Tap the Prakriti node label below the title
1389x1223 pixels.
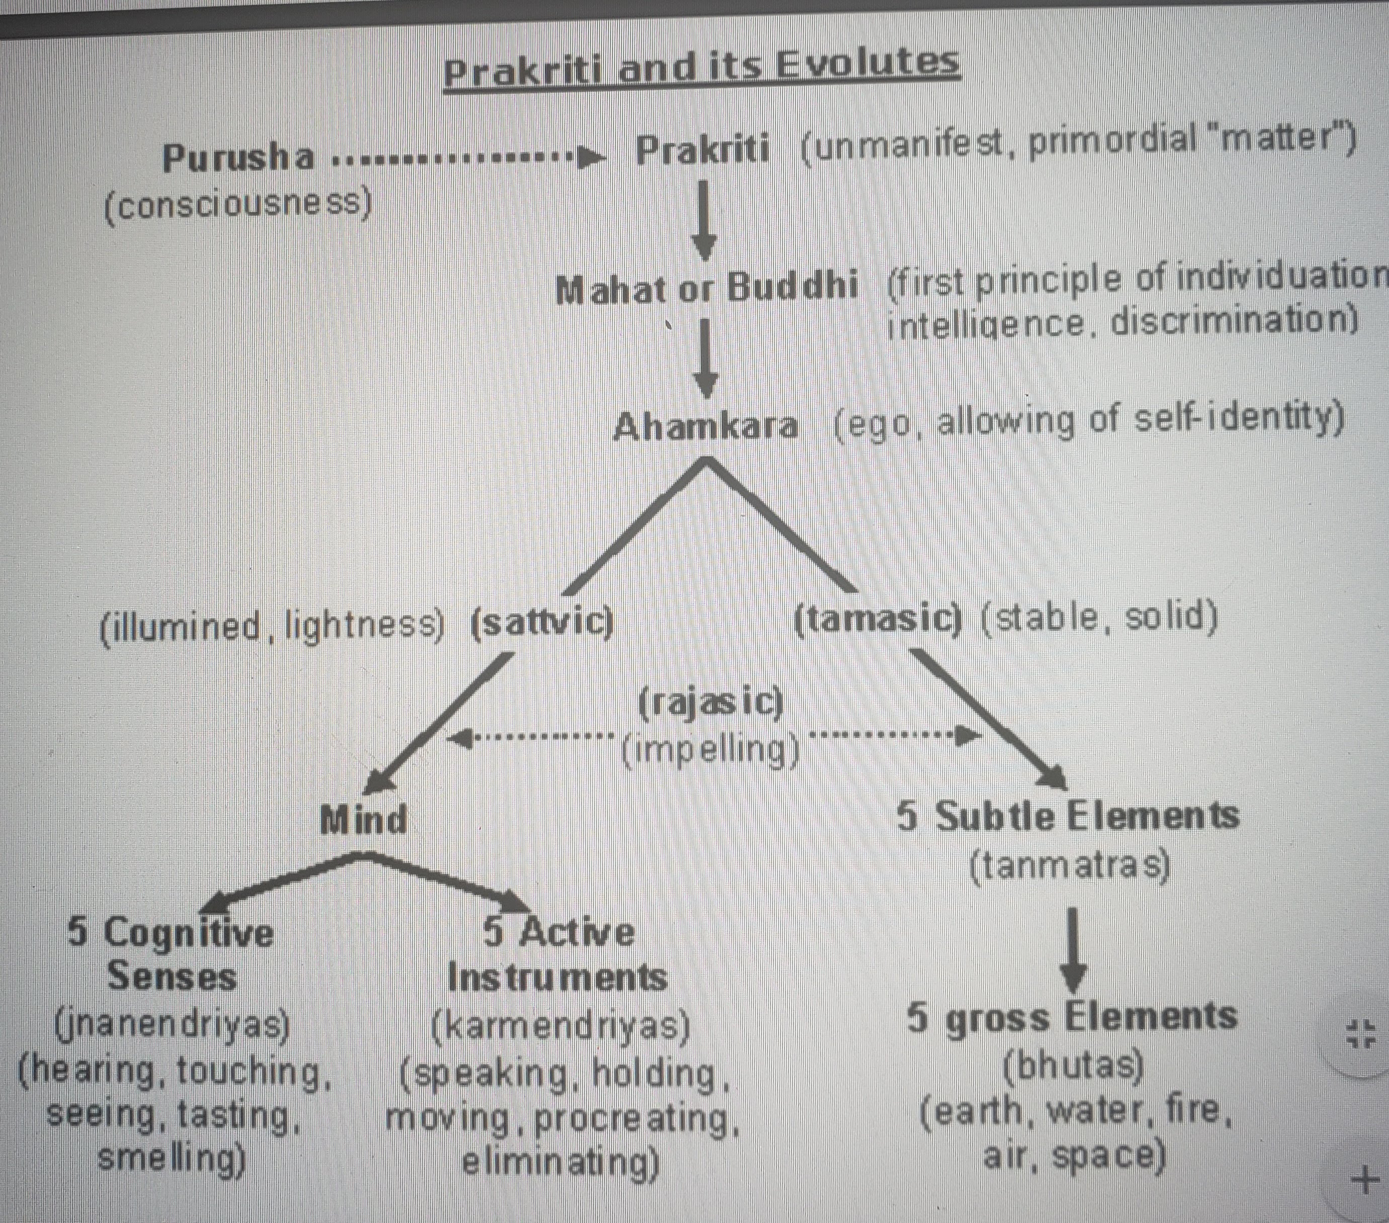click(x=703, y=149)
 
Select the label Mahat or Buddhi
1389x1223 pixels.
click(x=707, y=288)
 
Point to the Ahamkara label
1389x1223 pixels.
click(x=706, y=426)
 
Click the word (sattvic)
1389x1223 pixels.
click(x=542, y=622)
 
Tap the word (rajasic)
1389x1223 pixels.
click(x=711, y=703)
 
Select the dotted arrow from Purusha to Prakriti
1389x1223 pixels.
click(x=469, y=160)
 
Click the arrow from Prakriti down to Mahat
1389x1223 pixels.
click(x=706, y=219)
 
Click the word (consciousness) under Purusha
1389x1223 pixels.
click(x=238, y=203)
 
